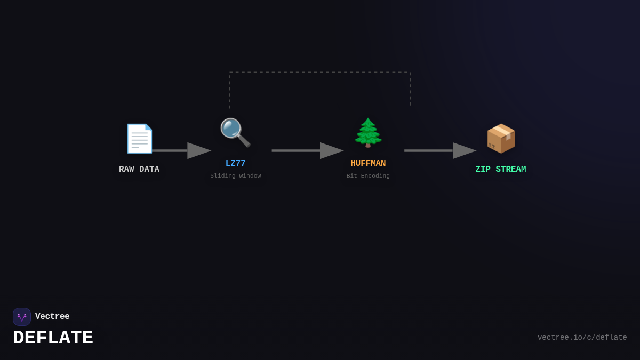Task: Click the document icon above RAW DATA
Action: coord(139,139)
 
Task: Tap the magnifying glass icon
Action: coord(235,132)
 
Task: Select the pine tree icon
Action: coord(368,133)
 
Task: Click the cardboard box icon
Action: coord(501,139)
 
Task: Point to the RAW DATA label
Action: coord(139,170)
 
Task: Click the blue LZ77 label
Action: coord(236,164)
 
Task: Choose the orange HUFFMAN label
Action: coord(368,164)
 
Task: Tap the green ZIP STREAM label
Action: coord(501,170)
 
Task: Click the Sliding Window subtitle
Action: coord(236,176)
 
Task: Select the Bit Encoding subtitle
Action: coord(368,176)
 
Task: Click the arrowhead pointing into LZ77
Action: coord(199,151)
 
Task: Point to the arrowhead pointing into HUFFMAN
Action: coord(331,151)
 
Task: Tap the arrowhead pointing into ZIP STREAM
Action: coord(464,151)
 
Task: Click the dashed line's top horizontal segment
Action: coord(320,73)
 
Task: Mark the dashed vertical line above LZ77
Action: coord(230,91)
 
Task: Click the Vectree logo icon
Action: coord(22,317)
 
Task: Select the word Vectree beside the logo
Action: coord(52,317)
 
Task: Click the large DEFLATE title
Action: coord(53,338)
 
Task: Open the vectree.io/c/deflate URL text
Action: coord(582,338)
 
